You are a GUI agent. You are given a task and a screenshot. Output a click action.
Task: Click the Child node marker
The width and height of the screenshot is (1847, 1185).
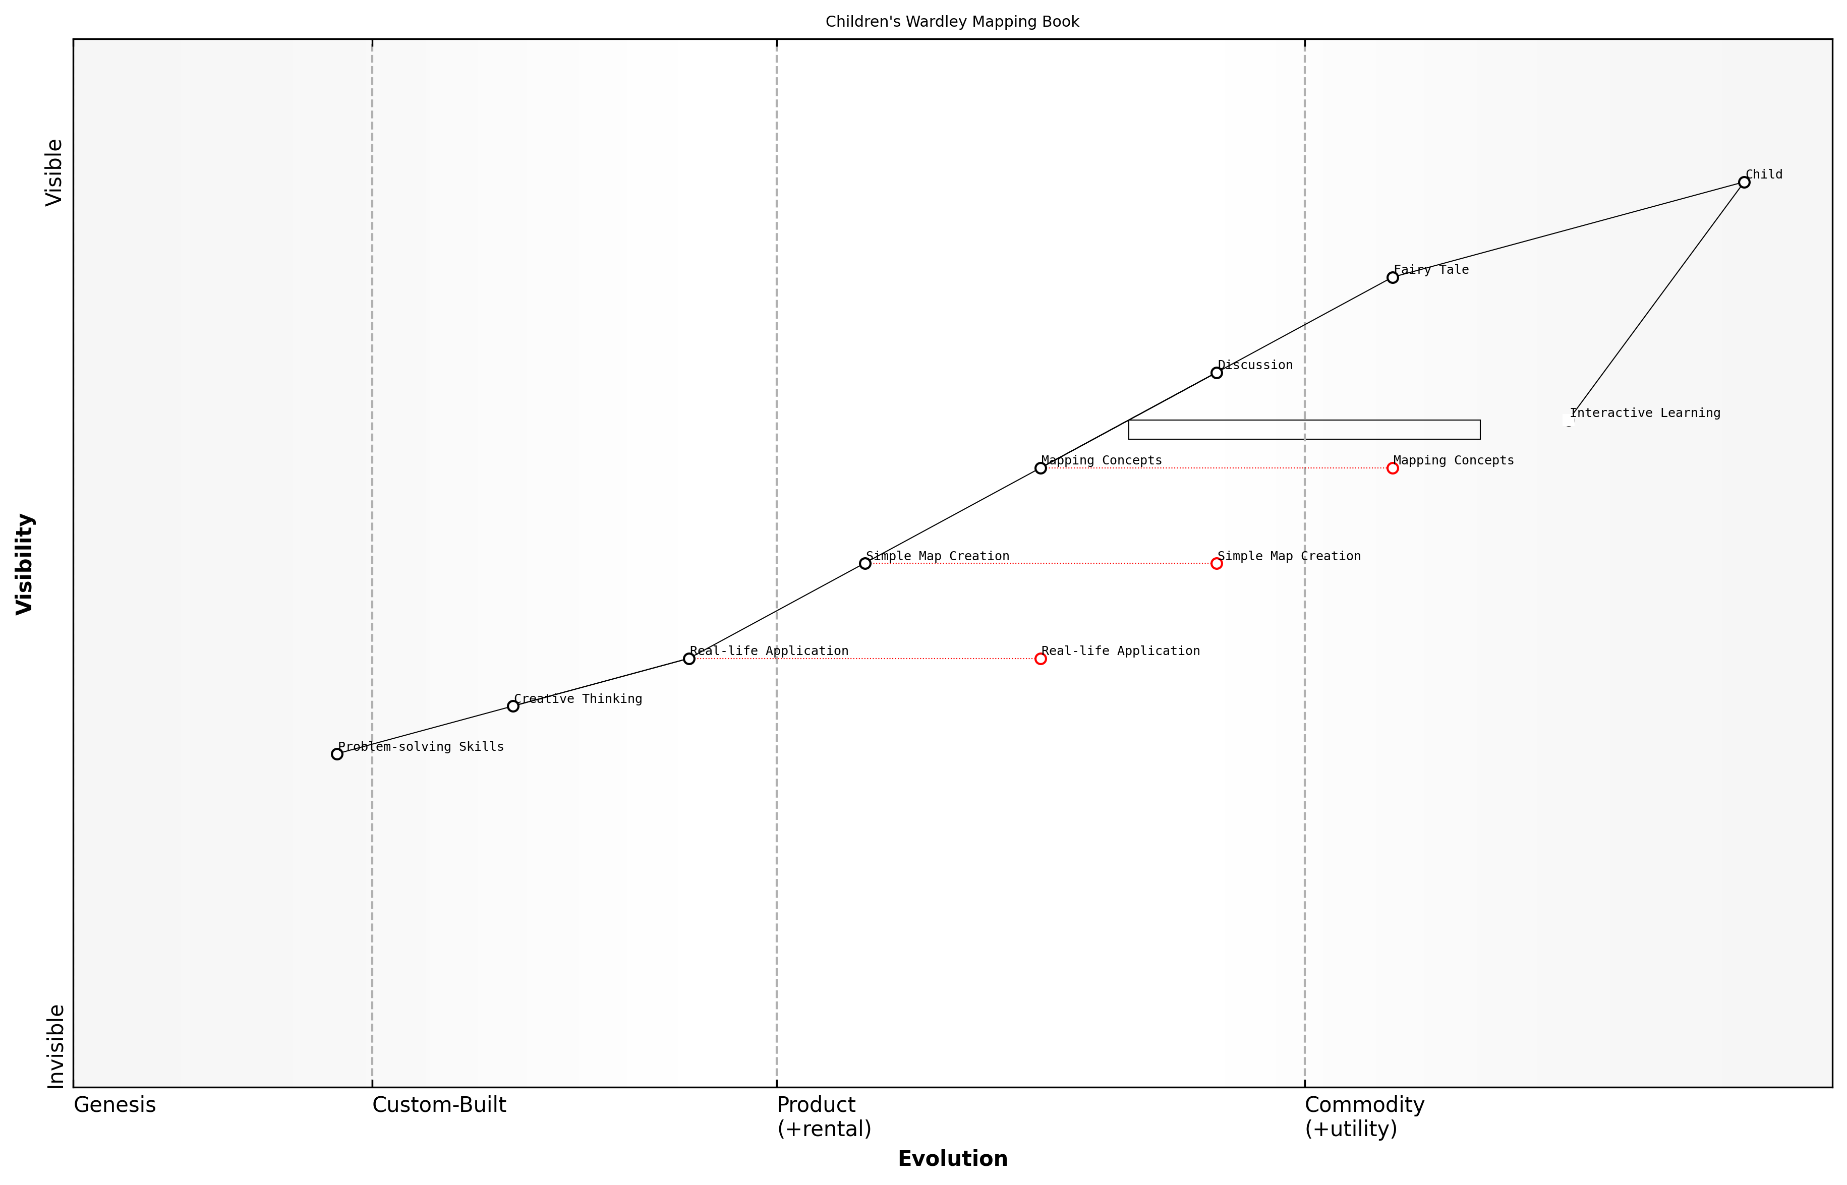tap(1744, 183)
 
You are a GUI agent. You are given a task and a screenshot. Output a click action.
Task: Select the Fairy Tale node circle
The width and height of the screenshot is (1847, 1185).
tap(1392, 278)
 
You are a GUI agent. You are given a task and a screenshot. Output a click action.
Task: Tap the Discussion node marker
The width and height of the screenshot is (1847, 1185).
tap(1217, 373)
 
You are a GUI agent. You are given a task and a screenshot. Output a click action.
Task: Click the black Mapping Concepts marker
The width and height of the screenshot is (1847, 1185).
tap(1041, 468)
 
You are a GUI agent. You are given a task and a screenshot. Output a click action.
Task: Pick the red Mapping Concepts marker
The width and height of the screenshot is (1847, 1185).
tap(1392, 468)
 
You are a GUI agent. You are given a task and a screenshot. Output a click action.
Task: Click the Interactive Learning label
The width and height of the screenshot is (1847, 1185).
tap(1645, 413)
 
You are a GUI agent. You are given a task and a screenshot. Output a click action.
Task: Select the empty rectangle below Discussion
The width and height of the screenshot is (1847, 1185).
tap(1304, 429)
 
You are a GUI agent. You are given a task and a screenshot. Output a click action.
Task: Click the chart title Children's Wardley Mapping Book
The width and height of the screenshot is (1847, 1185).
tap(952, 22)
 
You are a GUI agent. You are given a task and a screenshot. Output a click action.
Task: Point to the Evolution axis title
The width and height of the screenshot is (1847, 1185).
tap(952, 1158)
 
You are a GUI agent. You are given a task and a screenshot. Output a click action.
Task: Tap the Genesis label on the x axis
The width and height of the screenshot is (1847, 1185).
tap(114, 1105)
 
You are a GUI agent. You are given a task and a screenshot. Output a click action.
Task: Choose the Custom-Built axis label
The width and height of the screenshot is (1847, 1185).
tap(439, 1105)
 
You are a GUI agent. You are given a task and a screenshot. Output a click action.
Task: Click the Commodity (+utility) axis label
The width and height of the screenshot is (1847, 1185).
tap(1364, 1116)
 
